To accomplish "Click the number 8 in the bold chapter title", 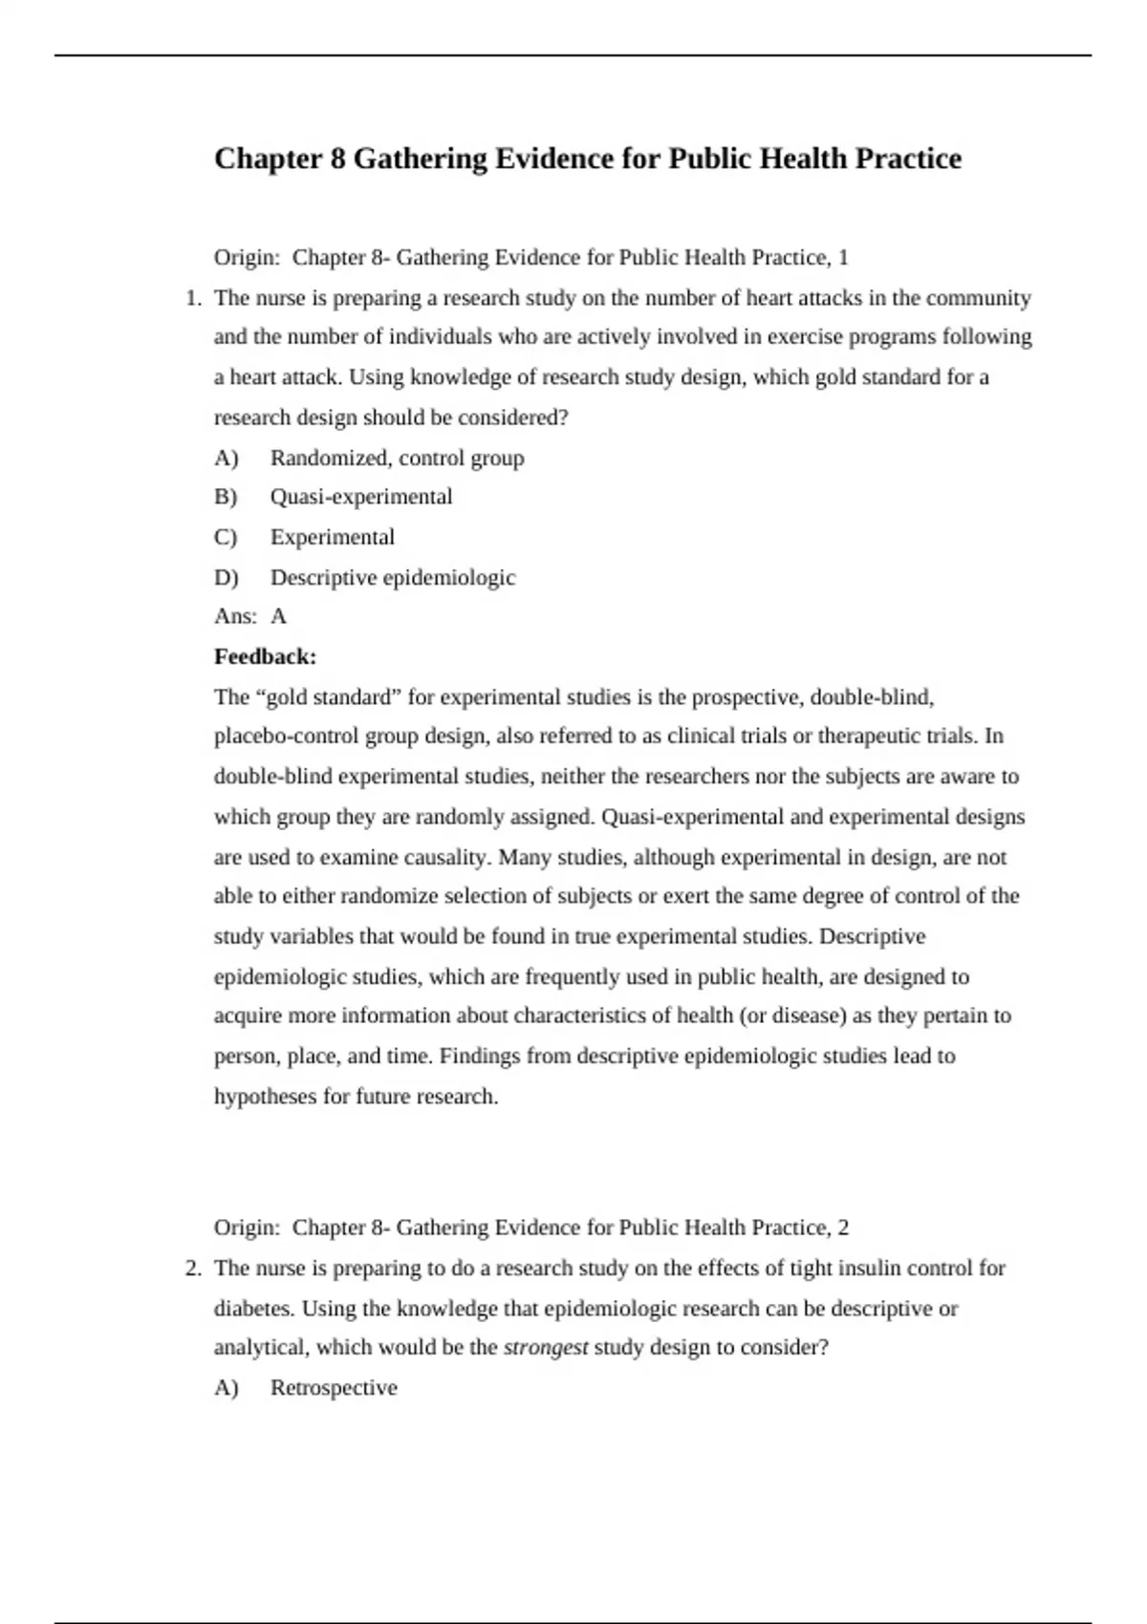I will (337, 159).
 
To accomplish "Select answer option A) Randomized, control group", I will (397, 459).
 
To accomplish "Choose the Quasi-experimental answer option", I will (361, 497).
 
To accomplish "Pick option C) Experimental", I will (332, 537).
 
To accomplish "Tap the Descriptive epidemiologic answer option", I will (393, 578).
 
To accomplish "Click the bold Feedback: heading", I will (265, 657).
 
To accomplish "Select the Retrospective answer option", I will (334, 1388).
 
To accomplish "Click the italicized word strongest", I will (545, 1348).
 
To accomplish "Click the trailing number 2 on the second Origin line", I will (842, 1228).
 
